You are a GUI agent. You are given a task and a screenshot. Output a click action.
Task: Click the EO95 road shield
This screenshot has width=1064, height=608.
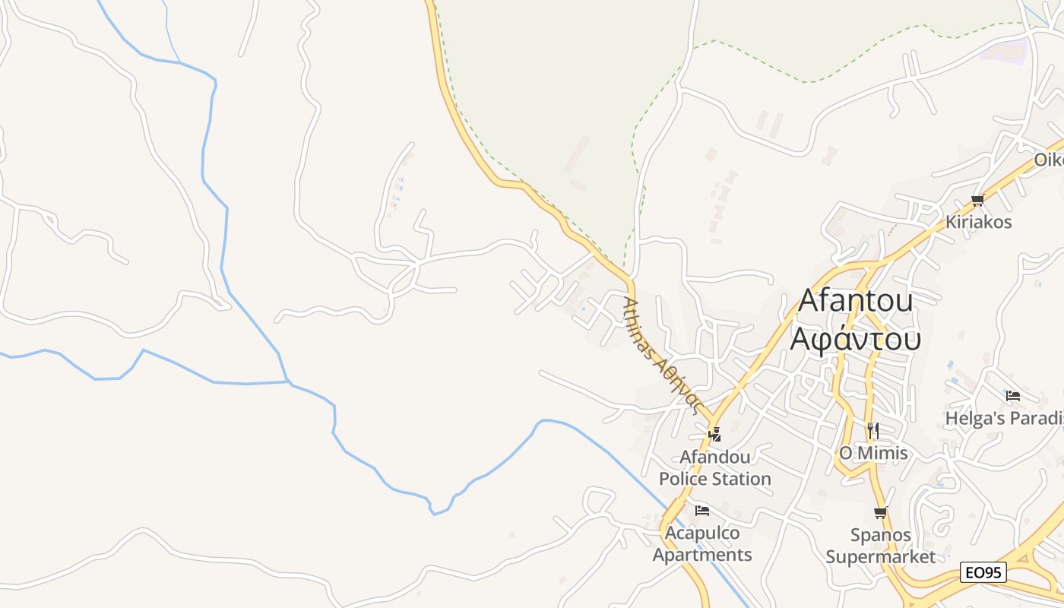983,572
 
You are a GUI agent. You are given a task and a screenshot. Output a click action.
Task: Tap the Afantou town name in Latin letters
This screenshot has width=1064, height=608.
855,301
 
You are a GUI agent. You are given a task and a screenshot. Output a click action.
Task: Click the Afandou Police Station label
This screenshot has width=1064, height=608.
714,467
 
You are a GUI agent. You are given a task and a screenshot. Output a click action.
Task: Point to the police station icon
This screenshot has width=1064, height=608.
714,434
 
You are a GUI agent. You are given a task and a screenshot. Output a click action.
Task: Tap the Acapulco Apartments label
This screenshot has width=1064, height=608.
702,543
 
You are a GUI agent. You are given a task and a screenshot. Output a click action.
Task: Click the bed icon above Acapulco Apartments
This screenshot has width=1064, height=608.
702,510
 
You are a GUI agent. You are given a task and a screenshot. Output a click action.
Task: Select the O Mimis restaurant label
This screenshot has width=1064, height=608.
872,454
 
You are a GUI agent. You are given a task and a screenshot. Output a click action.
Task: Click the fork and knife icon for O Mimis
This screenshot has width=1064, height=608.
872,431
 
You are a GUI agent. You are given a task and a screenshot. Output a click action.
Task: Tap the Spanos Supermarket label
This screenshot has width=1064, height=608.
880,546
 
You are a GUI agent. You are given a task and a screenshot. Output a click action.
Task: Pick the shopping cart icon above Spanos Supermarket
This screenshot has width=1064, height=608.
880,513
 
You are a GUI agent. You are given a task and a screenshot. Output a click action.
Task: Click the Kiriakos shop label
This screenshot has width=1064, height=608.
978,222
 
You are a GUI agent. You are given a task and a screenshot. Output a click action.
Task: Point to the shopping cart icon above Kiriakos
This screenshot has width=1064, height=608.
977,201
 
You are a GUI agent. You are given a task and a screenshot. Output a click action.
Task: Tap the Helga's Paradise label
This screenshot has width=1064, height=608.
1003,418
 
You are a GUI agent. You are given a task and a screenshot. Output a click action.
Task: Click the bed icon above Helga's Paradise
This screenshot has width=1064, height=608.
1012,396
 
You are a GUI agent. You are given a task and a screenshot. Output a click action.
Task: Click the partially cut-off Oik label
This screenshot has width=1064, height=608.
1049,160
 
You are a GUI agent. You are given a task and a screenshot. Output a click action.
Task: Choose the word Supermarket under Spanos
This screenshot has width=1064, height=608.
880,557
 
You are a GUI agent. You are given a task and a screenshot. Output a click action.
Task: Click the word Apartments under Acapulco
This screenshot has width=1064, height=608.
702,555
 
